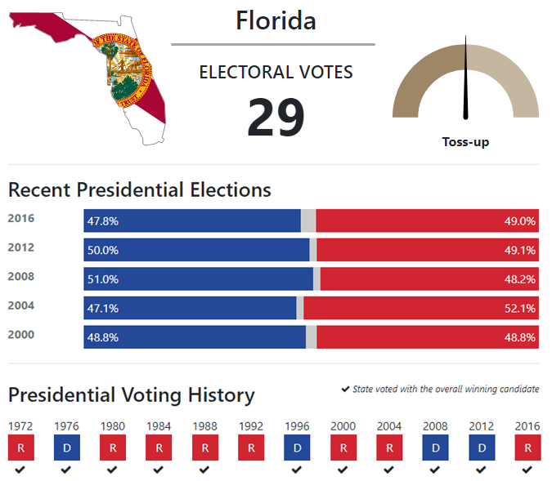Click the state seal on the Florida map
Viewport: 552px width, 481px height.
(122, 70)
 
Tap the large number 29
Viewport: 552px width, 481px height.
(276, 117)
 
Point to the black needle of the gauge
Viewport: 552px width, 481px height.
(466, 78)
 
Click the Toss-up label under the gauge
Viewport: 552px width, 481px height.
(465, 142)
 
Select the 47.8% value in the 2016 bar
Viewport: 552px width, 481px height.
(103, 221)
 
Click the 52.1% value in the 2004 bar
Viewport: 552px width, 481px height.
(520, 309)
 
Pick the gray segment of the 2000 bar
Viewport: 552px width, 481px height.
(312, 337)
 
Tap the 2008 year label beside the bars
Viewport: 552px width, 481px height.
(21, 276)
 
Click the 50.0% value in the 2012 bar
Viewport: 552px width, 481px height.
(103, 251)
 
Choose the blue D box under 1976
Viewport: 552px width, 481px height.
(67, 448)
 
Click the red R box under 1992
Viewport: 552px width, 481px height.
(251, 448)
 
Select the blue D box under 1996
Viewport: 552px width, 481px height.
(297, 448)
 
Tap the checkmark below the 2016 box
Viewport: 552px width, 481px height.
(527, 470)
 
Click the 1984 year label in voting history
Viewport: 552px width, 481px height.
(159, 426)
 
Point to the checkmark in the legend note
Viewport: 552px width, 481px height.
(345, 389)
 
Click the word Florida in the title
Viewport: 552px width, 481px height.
(276, 20)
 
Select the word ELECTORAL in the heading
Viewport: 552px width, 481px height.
(245, 72)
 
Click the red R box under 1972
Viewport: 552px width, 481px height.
(21, 448)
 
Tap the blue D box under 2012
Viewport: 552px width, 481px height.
(482, 448)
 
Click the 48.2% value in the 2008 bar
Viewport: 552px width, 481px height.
(520, 279)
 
